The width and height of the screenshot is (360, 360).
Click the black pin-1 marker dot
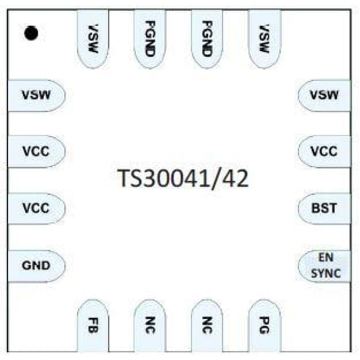coord(31,33)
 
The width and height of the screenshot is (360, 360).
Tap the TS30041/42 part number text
coord(183,179)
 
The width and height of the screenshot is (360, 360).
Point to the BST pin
coord(324,208)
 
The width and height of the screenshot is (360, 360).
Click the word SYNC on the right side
coord(325,273)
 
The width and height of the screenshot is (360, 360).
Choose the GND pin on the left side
coord(36,266)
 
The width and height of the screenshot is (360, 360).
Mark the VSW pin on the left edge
coord(36,95)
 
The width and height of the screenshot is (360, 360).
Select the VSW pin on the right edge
coord(324,95)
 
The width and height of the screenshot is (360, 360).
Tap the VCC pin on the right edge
coord(324,152)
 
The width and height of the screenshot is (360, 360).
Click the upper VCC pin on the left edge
coord(36,152)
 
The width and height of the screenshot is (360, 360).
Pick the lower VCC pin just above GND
coord(36,208)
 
